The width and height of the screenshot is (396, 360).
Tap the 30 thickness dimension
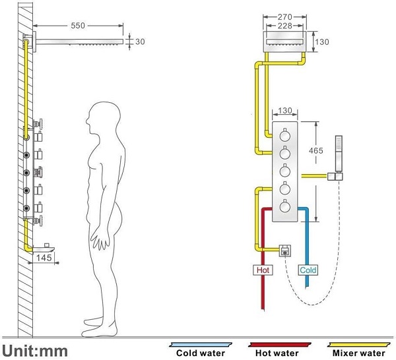(139, 41)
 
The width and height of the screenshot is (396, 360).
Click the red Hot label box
(262, 270)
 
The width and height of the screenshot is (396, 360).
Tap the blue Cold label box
(308, 270)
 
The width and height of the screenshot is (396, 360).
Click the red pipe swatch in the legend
(278, 344)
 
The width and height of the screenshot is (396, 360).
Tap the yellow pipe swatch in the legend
(356, 344)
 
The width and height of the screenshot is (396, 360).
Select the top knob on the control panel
(285, 136)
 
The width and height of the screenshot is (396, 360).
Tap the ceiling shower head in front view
(284, 42)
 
